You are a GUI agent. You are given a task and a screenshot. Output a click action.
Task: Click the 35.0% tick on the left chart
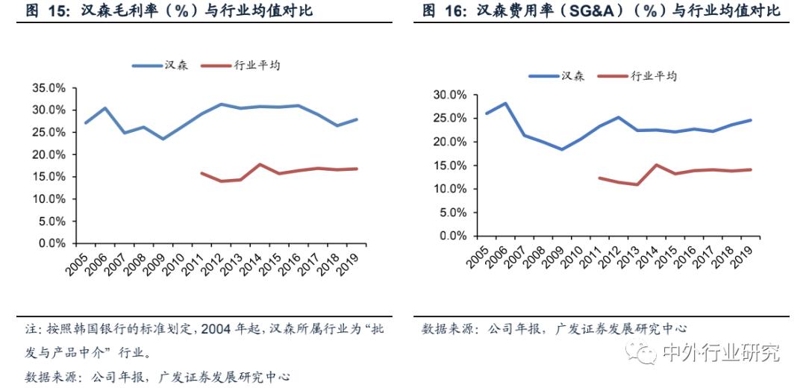[x=47, y=88]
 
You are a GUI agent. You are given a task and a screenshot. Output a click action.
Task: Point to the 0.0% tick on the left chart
[x=50, y=243]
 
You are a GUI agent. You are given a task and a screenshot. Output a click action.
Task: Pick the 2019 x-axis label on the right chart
[x=741, y=255]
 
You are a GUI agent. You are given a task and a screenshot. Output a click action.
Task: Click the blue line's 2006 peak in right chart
[x=506, y=104]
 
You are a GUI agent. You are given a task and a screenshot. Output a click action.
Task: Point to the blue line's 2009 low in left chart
[x=163, y=139]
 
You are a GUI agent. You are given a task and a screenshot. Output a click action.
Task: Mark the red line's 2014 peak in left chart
[x=258, y=164]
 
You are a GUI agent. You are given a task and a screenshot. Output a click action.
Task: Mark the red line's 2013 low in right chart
[x=637, y=184]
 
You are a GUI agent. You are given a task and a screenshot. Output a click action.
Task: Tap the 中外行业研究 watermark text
[x=720, y=352]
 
